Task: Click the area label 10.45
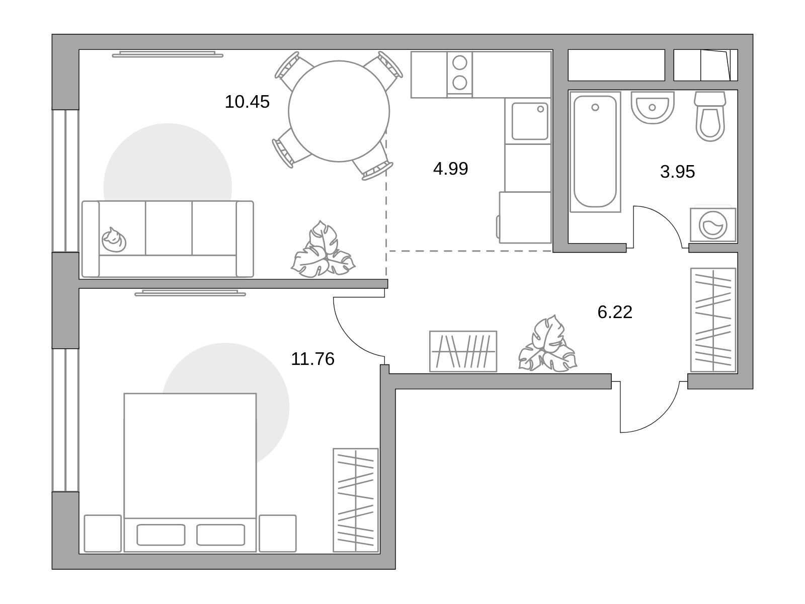click(247, 102)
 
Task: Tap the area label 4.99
click(450, 169)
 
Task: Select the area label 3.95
click(677, 172)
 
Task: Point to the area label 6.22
click(615, 312)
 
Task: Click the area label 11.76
click(312, 359)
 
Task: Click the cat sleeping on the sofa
click(114, 240)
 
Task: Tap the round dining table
click(339, 111)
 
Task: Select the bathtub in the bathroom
click(595, 152)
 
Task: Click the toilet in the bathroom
click(710, 116)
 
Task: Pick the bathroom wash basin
click(653, 107)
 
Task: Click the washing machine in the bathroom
click(713, 225)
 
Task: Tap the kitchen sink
click(530, 121)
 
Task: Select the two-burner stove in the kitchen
click(459, 74)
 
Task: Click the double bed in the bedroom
click(190, 472)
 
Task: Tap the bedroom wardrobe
click(355, 500)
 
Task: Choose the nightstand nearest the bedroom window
click(103, 533)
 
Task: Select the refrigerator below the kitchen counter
click(525, 217)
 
